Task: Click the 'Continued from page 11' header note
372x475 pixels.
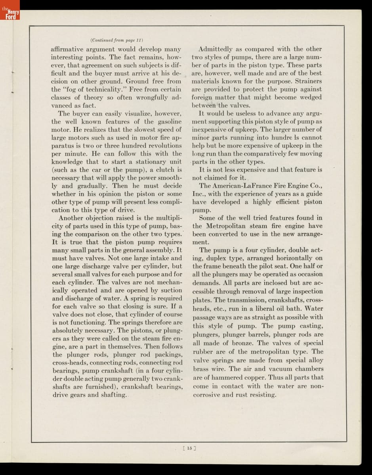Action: [x=116, y=40]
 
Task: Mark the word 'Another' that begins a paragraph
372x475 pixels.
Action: [x=72, y=218]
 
